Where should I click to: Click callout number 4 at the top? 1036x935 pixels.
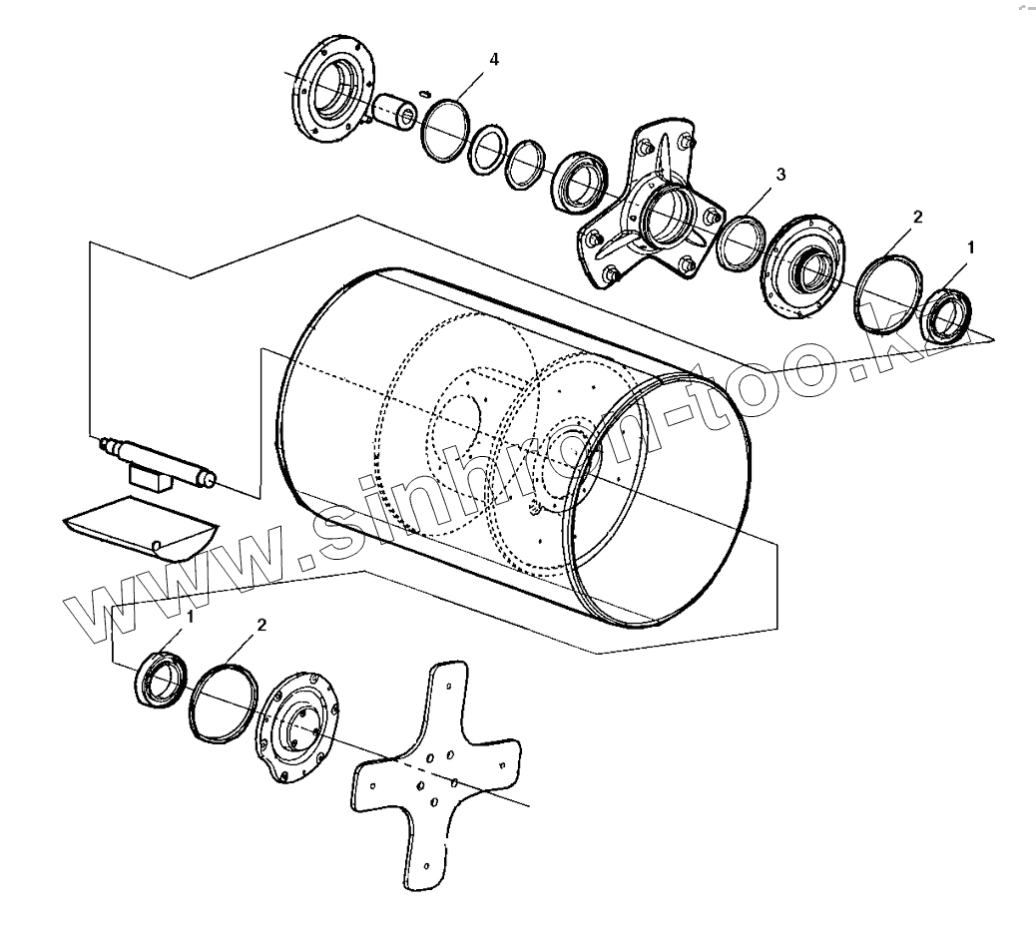[x=493, y=60]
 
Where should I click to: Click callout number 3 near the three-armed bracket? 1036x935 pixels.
[x=780, y=175]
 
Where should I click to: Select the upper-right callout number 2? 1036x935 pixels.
[x=917, y=217]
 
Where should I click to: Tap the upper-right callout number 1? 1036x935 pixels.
[x=970, y=244]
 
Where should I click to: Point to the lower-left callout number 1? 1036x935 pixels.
[x=191, y=617]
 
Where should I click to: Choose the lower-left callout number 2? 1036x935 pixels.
[x=261, y=625]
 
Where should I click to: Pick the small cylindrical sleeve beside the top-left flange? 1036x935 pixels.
[x=396, y=109]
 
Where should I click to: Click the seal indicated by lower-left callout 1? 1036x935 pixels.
[x=160, y=681]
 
